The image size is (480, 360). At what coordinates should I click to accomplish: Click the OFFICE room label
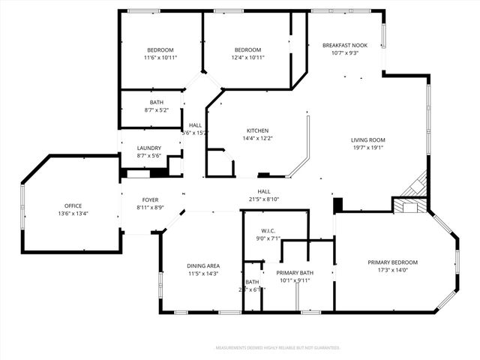(x=73, y=205)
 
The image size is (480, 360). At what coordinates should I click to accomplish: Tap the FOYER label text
(x=150, y=199)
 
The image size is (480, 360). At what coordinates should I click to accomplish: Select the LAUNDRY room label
(x=149, y=148)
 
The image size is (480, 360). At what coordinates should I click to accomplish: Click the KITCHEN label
(x=257, y=130)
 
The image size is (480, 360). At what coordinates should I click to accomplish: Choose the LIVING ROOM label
(x=367, y=139)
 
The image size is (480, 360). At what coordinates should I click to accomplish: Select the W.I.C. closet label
(x=270, y=230)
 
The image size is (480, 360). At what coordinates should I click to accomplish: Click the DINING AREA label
(x=202, y=265)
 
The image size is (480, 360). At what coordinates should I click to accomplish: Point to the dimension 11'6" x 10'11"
(x=160, y=57)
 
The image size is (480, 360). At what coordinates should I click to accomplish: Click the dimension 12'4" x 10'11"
(x=247, y=57)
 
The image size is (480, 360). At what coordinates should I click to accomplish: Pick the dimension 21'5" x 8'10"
(x=264, y=199)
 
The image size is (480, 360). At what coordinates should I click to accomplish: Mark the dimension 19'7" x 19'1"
(x=367, y=148)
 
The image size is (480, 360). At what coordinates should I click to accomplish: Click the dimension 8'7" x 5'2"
(x=156, y=110)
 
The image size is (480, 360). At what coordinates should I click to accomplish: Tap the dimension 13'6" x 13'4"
(x=73, y=213)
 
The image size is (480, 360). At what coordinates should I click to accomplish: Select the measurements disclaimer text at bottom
(x=277, y=348)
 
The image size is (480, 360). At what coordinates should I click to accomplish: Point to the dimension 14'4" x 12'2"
(x=257, y=138)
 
